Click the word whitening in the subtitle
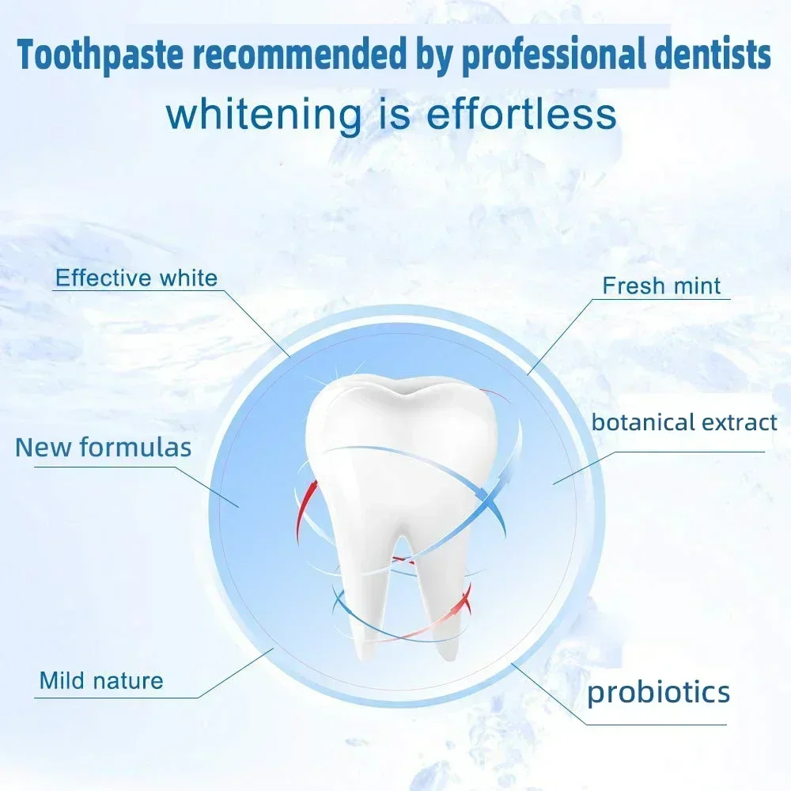click(x=263, y=115)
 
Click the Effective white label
click(x=136, y=278)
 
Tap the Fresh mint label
click(x=661, y=286)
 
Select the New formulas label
click(x=104, y=448)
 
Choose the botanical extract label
click(x=684, y=422)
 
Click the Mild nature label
click(x=101, y=680)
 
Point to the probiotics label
click(x=658, y=693)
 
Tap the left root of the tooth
click(x=367, y=596)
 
